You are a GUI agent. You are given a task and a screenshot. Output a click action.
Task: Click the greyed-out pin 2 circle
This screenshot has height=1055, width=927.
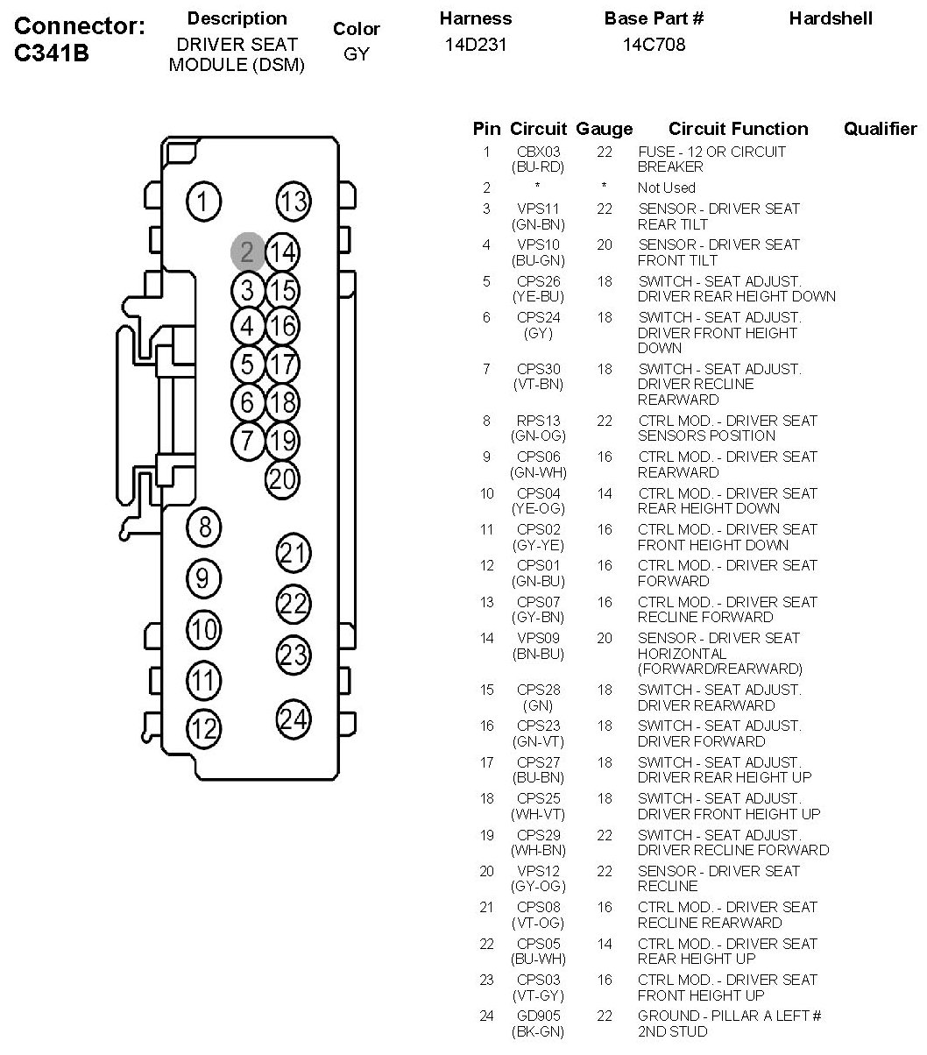tap(247, 252)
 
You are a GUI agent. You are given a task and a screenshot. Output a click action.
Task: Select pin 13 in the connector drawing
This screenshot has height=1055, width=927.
tap(294, 202)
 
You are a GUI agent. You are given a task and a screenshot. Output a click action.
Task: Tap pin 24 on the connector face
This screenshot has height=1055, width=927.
tap(294, 719)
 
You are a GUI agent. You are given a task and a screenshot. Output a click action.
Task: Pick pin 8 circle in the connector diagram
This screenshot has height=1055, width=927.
tap(205, 527)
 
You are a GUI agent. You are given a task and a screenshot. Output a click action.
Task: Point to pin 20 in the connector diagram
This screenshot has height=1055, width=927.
tap(282, 478)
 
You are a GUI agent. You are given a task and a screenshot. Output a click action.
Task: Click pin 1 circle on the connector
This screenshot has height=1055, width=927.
tap(203, 202)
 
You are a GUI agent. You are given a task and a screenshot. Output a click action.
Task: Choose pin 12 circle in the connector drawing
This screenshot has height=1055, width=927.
tap(204, 727)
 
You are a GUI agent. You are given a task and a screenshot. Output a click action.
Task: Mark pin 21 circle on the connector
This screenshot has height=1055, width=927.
tap(294, 553)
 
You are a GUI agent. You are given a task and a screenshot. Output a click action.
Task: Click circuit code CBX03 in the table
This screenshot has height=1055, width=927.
tap(538, 152)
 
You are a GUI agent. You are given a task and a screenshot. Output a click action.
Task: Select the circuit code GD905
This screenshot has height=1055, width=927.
tap(538, 1016)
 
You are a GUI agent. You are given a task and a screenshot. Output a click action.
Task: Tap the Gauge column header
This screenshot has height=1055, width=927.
tap(605, 129)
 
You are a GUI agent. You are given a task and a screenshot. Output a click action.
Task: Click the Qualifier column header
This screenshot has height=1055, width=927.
tap(879, 129)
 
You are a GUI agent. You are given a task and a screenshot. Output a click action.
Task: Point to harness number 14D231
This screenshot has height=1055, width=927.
tap(475, 44)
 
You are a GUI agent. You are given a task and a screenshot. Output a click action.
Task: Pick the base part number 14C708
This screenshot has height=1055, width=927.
tap(654, 44)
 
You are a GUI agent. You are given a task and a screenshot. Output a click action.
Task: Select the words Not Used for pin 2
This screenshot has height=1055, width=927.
tap(666, 188)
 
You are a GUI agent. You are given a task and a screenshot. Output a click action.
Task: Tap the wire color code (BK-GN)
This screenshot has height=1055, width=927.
tap(538, 1032)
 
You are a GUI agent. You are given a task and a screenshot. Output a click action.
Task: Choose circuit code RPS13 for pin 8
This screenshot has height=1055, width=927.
tap(538, 421)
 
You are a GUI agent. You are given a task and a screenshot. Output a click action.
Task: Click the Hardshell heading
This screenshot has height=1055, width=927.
tap(831, 18)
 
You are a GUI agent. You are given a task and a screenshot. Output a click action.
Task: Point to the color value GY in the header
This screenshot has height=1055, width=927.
tap(357, 54)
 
